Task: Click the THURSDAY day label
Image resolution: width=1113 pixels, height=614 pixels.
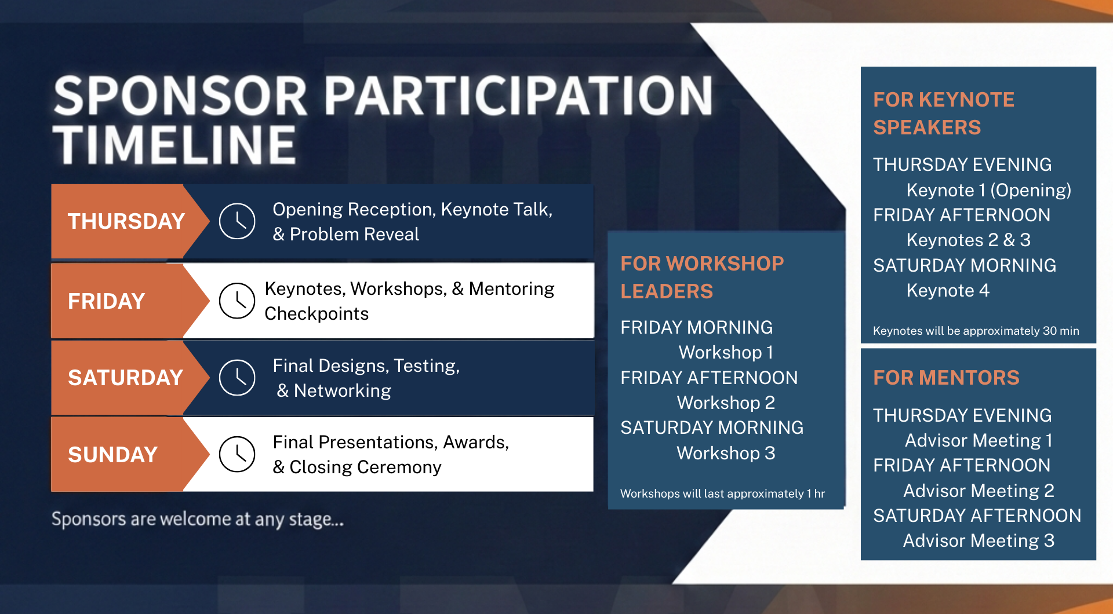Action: tap(126, 221)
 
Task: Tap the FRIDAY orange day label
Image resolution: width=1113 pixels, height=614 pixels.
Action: tap(106, 301)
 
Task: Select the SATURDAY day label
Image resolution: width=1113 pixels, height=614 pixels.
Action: tap(125, 378)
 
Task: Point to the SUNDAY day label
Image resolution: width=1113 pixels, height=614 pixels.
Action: tap(112, 455)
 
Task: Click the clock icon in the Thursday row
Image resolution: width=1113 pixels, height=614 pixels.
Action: tap(237, 221)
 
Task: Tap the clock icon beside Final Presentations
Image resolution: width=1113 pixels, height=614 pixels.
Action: tap(237, 454)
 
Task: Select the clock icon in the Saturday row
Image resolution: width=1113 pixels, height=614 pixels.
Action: tap(237, 378)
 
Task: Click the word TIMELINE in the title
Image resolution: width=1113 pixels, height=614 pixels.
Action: tap(174, 145)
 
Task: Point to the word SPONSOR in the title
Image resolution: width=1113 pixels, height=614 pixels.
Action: tap(180, 96)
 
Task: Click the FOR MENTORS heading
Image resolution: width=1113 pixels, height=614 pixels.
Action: tap(946, 378)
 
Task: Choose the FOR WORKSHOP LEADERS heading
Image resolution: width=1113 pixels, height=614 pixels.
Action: tap(701, 277)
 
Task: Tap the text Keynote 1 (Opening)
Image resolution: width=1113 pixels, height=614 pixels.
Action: tap(988, 190)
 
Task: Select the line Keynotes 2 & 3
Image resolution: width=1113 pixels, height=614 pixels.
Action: tap(968, 240)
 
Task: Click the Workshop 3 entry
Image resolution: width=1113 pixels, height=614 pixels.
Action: tap(726, 453)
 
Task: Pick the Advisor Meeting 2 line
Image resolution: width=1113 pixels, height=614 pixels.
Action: tap(979, 491)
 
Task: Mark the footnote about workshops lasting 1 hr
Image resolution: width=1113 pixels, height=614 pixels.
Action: tap(722, 494)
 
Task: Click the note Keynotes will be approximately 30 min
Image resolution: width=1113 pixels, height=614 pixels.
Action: tap(976, 331)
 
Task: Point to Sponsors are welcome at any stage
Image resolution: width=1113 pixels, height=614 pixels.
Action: tap(197, 519)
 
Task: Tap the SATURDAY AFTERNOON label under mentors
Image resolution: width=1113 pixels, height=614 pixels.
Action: tap(977, 516)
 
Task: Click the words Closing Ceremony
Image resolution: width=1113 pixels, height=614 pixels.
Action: tap(365, 467)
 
